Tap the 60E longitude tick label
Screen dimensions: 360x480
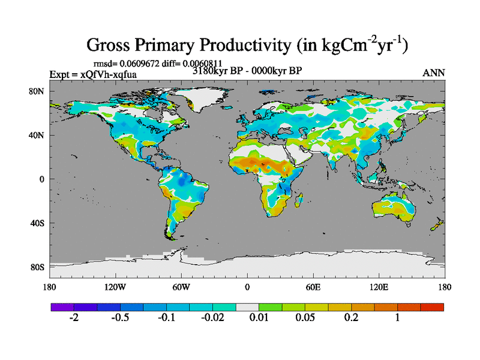pyautogui.click(x=313, y=287)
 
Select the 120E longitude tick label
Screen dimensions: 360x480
pyautogui.click(x=379, y=287)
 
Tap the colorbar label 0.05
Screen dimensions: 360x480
pyautogui.click(x=304, y=318)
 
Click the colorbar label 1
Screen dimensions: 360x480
pyautogui.click(x=397, y=318)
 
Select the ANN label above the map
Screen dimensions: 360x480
pyautogui.click(x=434, y=73)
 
